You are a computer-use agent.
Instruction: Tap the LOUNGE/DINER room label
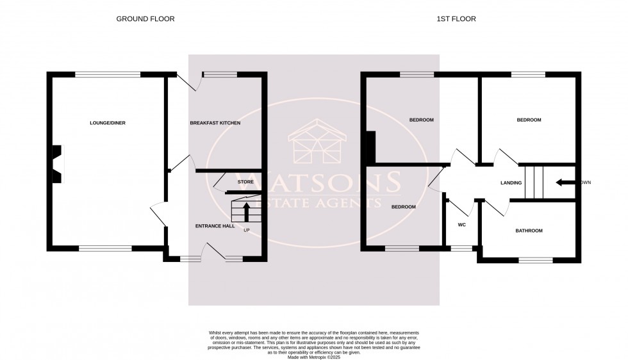click(x=107, y=122)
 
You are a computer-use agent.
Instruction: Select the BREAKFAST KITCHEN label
click(x=215, y=122)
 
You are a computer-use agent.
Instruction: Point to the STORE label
click(x=245, y=182)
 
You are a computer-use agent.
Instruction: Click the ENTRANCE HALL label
click(x=215, y=226)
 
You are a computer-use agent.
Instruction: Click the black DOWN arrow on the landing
click(x=566, y=183)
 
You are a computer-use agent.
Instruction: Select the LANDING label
click(x=511, y=183)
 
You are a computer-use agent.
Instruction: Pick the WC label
click(x=461, y=225)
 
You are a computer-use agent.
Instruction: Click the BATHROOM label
click(x=529, y=231)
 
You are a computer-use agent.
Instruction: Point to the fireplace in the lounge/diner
click(x=56, y=163)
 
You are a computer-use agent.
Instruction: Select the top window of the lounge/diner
click(x=108, y=75)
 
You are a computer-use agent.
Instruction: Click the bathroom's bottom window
click(x=535, y=260)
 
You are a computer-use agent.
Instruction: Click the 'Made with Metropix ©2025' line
click(x=314, y=356)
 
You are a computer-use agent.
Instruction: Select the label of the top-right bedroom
click(x=529, y=120)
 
